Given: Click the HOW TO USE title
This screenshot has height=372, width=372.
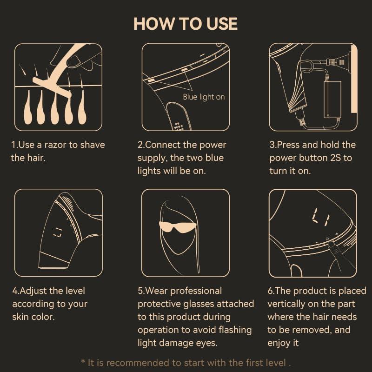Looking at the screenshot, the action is coord(185,24).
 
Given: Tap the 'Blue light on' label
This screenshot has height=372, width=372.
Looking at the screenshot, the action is coord(204,97).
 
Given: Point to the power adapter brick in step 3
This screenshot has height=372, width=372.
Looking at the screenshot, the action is coord(332,99).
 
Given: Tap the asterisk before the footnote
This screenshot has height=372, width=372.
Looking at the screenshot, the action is coord(83,362).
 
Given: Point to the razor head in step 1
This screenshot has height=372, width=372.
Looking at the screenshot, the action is coord(52,87).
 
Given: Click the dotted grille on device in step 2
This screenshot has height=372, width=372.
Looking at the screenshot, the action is coord(179,126).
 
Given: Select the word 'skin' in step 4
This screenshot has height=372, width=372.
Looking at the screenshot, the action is coord(20,317).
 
